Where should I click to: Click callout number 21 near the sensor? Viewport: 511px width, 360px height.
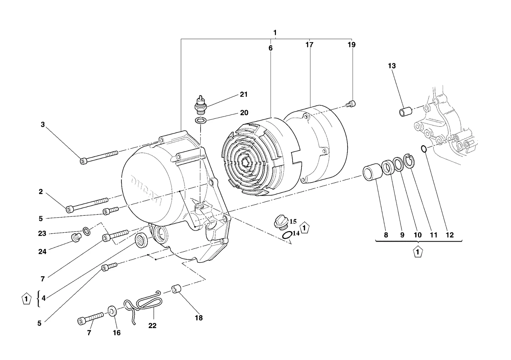244,94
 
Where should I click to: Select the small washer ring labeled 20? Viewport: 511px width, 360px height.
201,120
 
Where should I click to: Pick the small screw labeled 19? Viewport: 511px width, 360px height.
351,104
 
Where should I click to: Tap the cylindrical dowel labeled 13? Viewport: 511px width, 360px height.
406,112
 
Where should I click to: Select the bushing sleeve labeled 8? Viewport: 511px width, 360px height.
372,172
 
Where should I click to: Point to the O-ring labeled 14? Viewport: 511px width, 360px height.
287,235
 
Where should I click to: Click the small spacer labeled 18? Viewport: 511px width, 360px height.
176,289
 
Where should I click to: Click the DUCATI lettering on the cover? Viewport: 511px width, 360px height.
147,190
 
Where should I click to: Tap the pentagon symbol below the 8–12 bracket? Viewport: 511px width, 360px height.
418,252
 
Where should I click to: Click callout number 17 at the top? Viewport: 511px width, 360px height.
309,45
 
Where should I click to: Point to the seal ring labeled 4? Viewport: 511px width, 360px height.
142,241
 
